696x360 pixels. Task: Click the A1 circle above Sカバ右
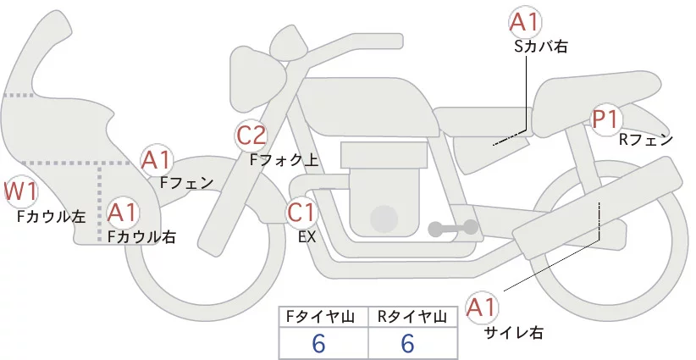point(525,23)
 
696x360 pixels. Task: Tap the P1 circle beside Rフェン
point(606,119)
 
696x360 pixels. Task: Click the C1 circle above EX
point(302,212)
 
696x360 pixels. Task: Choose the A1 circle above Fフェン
point(157,159)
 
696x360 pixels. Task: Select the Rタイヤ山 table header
point(414,317)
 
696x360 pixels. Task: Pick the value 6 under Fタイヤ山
point(319,343)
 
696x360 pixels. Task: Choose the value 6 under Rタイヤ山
point(407,343)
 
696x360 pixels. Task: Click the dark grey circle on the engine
point(384,218)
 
